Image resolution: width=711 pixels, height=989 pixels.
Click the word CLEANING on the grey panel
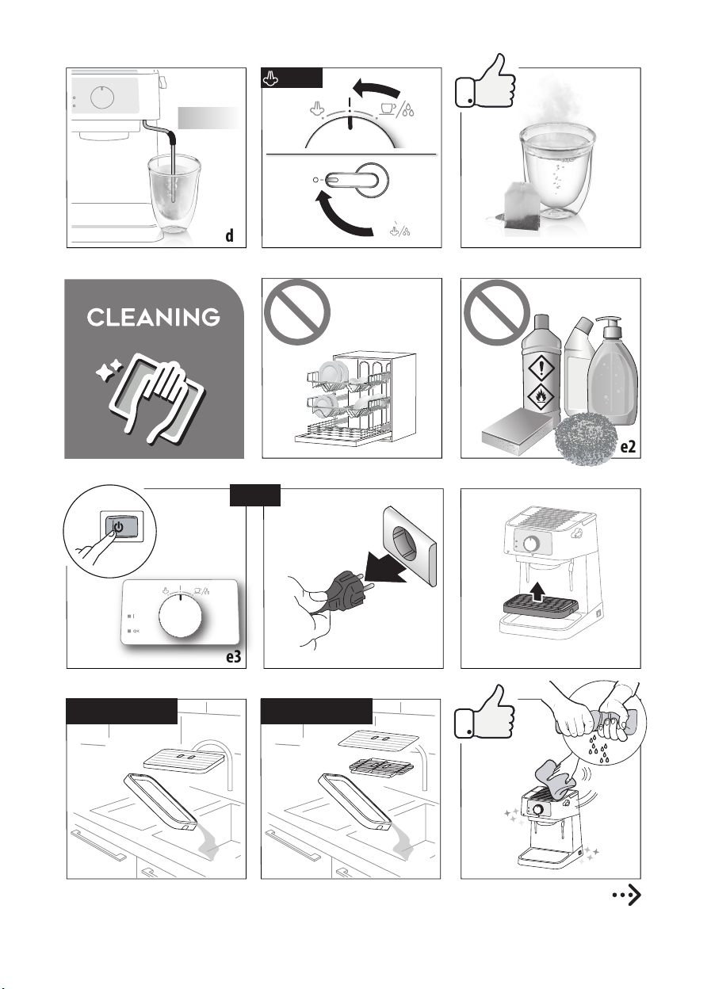click(x=153, y=317)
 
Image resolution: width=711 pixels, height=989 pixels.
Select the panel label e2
click(x=628, y=447)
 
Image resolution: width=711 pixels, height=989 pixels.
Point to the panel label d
click(x=229, y=235)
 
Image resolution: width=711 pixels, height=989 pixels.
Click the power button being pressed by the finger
click(x=121, y=527)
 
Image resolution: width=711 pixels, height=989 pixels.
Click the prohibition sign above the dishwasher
click(x=296, y=311)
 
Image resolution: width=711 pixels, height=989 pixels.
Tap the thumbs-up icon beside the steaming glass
click(x=486, y=82)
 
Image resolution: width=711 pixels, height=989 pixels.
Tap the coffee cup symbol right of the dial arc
click(x=388, y=109)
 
